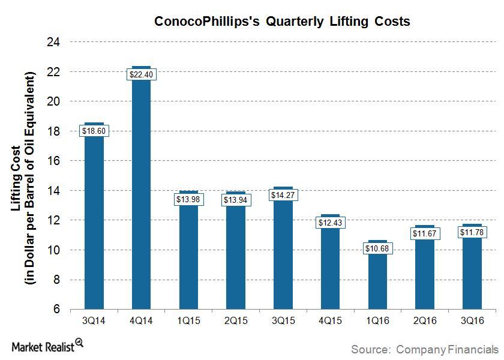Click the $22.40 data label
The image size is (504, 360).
141,74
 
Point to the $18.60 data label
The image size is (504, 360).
94,131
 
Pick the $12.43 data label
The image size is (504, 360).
330,223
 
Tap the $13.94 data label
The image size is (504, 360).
236,200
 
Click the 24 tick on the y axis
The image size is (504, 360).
56,42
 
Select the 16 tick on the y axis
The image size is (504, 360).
56,161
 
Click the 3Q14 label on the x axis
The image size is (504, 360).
94,321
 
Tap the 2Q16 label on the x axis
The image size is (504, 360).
424,321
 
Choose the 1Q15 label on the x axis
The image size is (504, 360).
188,321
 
